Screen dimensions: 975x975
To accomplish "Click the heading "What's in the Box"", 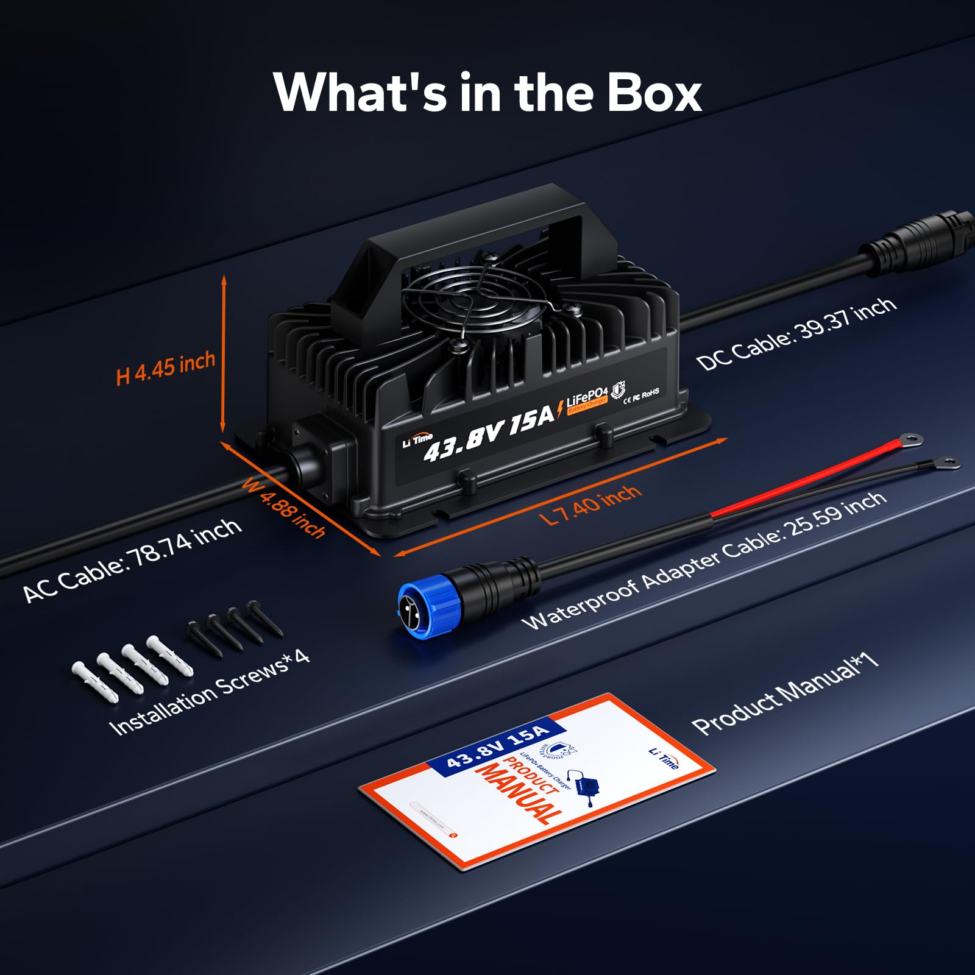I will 487,93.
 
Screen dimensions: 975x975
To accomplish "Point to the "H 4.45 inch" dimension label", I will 166,367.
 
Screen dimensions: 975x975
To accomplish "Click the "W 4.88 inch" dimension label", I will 284,508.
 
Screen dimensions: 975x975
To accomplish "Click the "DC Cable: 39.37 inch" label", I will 796,333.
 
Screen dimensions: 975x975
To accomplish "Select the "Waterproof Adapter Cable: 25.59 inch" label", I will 704,561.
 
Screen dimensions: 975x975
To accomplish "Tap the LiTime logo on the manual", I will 664,758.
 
